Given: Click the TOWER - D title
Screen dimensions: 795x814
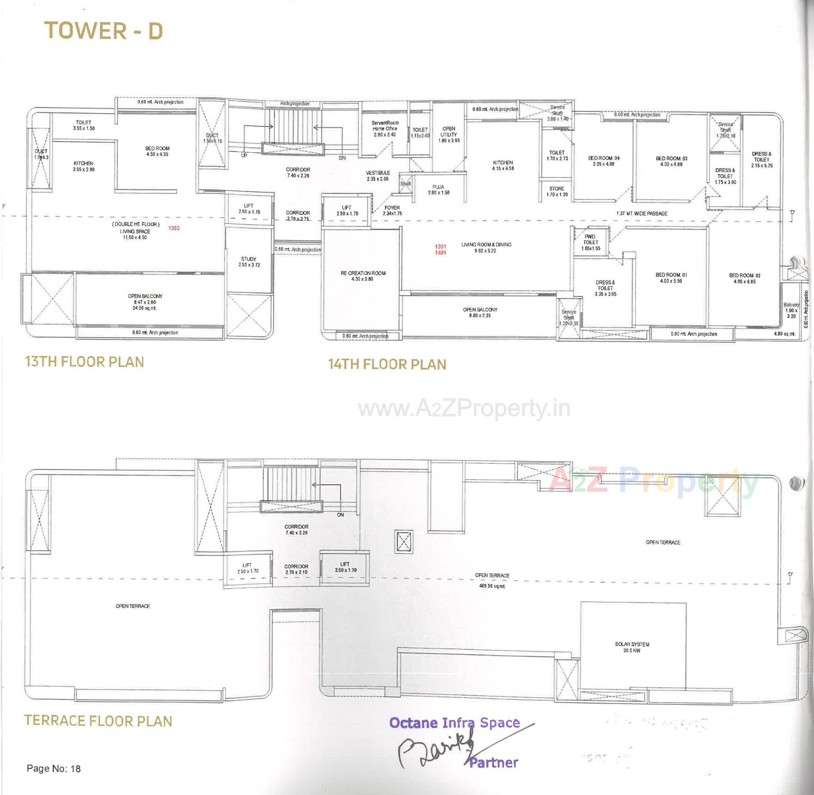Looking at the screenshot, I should tap(103, 31).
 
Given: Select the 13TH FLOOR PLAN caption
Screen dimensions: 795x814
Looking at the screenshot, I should tap(84, 362).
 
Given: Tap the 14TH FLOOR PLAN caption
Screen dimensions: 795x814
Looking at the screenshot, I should tap(387, 364).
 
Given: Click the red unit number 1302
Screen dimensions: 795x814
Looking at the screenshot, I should tap(174, 228).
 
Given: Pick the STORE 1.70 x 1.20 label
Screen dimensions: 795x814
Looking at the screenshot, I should tap(557, 192).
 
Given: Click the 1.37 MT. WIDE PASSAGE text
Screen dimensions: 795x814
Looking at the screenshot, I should tap(641, 214).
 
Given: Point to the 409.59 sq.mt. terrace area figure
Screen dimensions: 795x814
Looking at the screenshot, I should tap(492, 587).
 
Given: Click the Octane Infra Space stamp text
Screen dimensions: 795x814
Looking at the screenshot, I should tap(454, 723).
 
